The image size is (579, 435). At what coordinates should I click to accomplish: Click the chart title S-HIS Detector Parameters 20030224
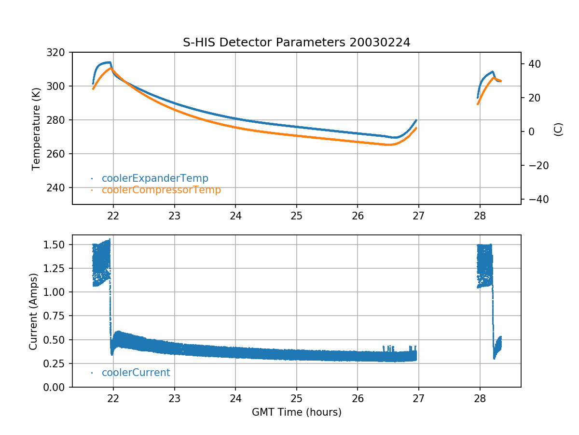point(296,43)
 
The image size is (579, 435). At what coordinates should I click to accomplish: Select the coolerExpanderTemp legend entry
point(155,178)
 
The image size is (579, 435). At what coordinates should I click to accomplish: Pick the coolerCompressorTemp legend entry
point(161,190)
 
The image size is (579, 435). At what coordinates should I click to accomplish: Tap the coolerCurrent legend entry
point(136,373)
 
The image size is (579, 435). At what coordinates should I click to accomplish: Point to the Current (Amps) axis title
point(33,311)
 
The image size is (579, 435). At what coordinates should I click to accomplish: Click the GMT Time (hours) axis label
point(296,412)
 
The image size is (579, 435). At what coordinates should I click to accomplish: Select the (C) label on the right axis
point(558,129)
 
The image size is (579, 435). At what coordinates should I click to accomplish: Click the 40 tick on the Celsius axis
point(535,64)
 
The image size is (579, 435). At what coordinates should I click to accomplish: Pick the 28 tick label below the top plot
point(480,216)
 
